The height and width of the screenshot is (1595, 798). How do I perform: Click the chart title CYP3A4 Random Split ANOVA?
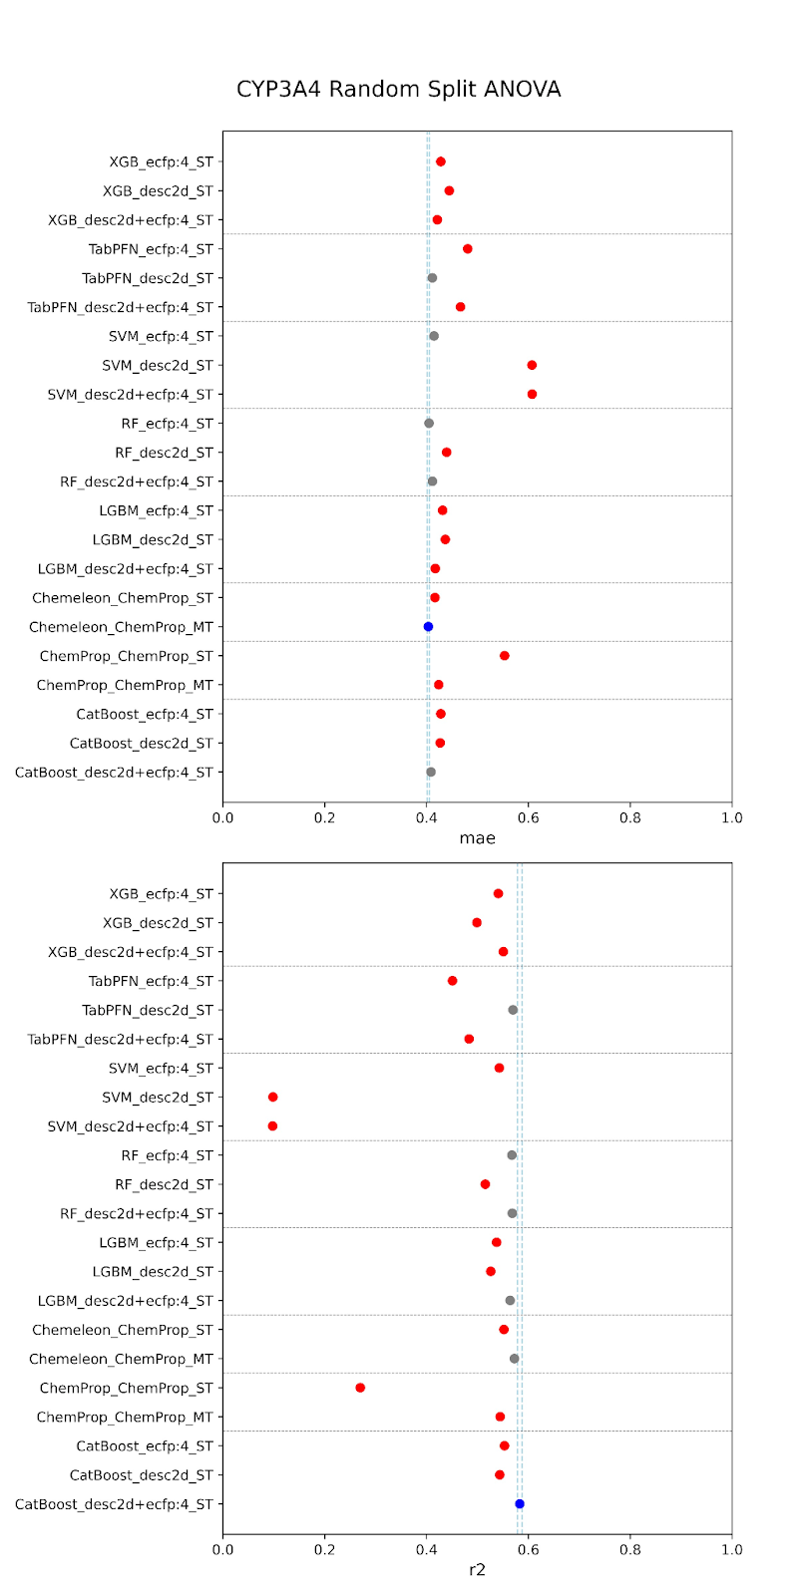click(398, 90)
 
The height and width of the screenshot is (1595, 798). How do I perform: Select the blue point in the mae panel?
click(428, 627)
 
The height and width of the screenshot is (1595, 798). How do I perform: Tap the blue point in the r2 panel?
click(520, 1504)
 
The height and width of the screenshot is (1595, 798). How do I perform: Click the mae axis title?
click(477, 838)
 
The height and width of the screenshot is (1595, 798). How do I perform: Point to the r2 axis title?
click(477, 1570)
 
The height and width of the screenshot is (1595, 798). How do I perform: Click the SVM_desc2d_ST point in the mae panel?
click(532, 366)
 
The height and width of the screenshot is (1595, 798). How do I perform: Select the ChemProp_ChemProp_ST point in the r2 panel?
click(360, 1388)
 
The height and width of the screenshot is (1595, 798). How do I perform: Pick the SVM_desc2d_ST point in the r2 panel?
click(272, 1098)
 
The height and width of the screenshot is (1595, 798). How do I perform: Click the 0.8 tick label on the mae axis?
click(629, 818)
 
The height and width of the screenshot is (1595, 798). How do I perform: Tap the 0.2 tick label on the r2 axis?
click(324, 1550)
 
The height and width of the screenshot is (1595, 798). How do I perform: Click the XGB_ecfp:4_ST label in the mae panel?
click(161, 161)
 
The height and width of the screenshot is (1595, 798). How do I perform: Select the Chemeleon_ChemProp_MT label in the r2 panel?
click(121, 1359)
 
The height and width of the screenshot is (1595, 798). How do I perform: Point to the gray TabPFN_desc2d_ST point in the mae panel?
click(432, 278)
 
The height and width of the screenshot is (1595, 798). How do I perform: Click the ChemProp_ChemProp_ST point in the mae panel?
click(505, 656)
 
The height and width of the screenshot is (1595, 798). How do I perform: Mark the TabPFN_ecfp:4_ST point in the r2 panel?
click(453, 981)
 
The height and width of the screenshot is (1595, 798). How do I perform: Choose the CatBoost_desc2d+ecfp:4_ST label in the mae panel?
click(114, 773)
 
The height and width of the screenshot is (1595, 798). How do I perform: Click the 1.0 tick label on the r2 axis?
click(731, 1550)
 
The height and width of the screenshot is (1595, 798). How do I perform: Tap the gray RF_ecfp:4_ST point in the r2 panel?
click(512, 1155)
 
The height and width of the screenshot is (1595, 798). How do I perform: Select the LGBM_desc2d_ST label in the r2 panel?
click(153, 1272)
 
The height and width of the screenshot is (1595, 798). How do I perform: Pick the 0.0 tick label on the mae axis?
click(222, 818)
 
